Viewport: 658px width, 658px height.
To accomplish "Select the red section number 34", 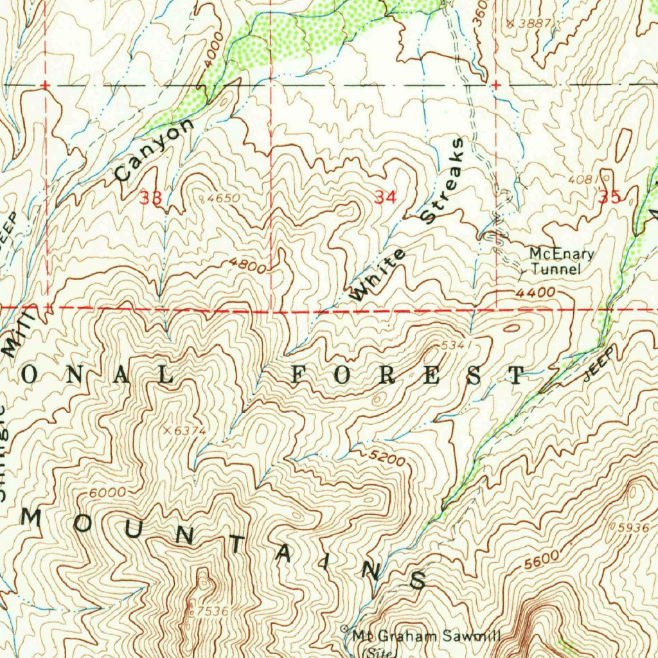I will pos(385,198).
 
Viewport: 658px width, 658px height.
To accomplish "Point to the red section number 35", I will pos(609,197).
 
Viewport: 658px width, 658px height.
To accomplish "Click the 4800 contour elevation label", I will pos(247,264).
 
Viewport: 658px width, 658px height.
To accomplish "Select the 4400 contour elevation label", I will pos(535,292).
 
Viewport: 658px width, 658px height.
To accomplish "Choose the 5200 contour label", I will pos(387,458).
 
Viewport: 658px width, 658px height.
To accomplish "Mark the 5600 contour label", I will pos(538,561).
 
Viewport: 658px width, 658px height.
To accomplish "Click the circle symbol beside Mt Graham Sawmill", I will pos(344,628).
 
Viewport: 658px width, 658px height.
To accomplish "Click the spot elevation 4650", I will pos(222,199).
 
